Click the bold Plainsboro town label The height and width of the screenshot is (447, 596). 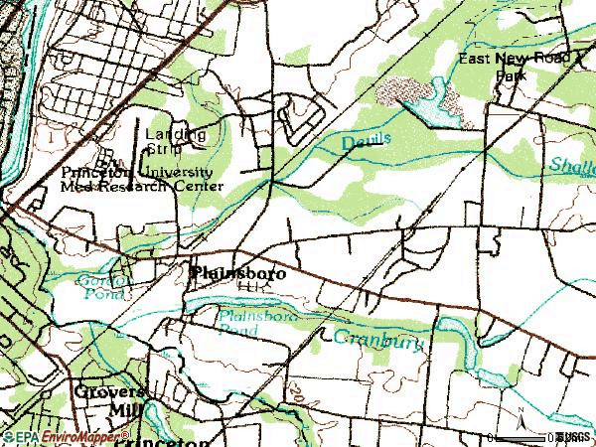(237, 272)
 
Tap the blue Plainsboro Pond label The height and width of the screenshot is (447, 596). (244, 322)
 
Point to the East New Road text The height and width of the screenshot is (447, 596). (516, 60)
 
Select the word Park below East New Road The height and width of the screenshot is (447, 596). (511, 75)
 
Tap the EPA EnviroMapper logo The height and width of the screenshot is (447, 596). (65, 436)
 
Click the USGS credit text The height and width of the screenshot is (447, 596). (575, 437)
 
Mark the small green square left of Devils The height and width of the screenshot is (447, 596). (265, 157)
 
